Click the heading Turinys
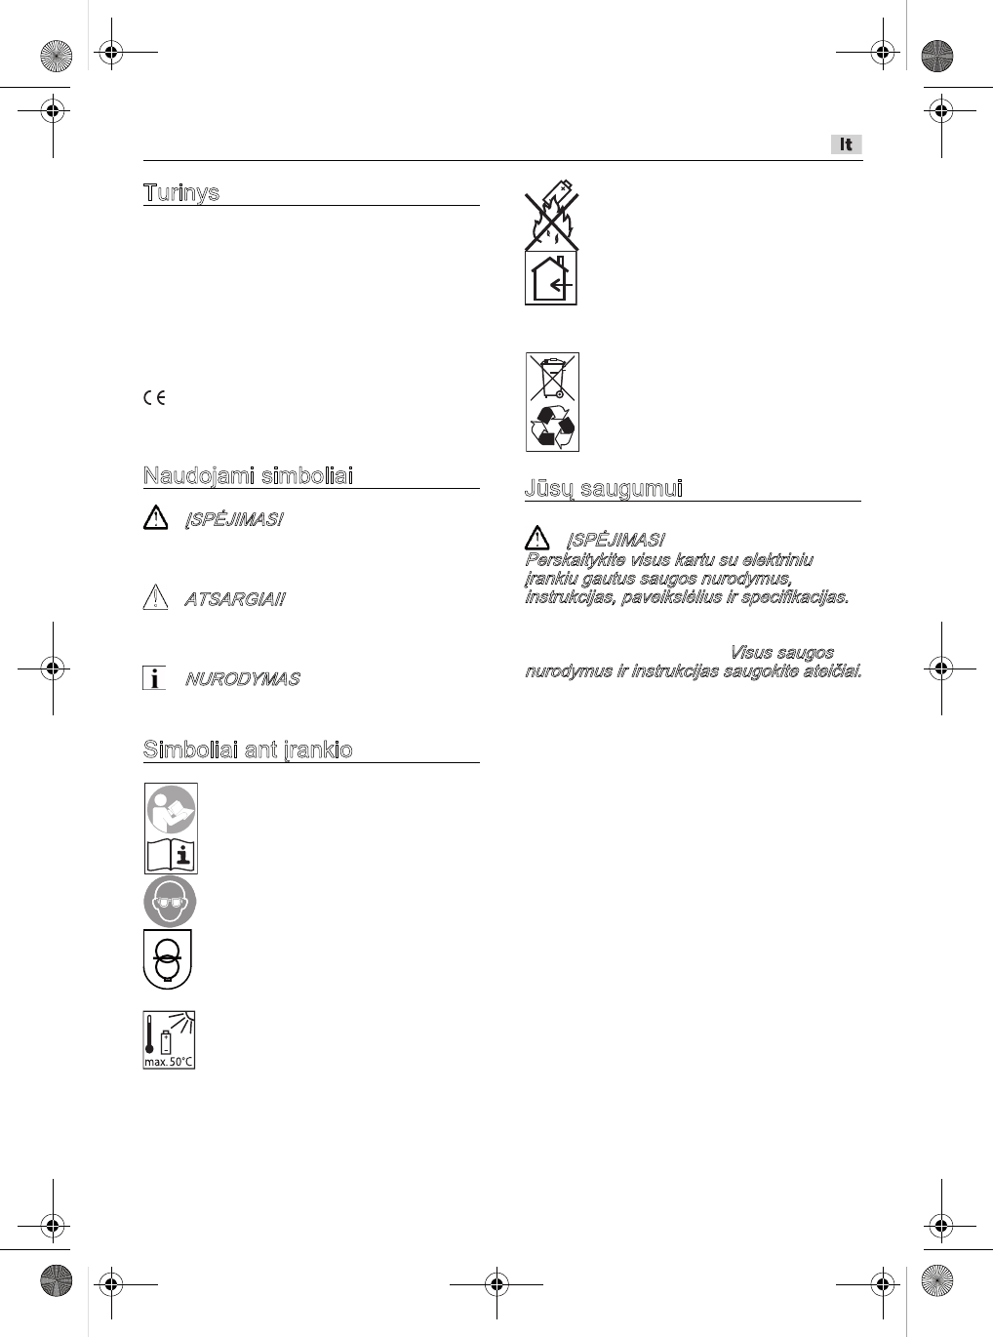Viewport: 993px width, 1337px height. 181,192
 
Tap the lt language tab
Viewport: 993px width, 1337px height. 847,144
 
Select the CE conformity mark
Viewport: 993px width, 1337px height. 154,397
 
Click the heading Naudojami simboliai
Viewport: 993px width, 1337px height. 248,475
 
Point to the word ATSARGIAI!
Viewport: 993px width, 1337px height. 234,599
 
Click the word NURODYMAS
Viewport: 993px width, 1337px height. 242,679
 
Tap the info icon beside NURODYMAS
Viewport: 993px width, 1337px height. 154,678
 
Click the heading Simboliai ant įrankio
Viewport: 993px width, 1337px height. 248,750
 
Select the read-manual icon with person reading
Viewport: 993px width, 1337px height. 171,809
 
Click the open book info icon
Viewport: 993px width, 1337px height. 171,855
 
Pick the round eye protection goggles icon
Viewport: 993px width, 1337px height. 170,901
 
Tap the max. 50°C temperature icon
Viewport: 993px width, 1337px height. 170,1039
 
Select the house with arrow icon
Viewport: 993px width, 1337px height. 551,278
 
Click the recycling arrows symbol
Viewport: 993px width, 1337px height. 552,426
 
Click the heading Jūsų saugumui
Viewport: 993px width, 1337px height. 604,488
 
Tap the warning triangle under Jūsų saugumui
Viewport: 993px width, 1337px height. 536,537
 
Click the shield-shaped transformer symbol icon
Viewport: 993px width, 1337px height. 168,958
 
